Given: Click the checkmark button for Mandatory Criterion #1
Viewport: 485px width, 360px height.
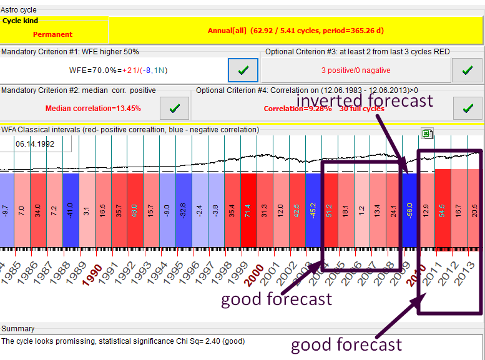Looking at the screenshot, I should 243,70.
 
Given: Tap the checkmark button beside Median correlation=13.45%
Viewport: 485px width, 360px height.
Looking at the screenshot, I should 174,108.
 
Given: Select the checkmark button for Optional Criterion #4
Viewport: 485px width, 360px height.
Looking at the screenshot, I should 467,108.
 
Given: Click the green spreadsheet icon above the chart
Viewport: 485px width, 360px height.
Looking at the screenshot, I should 428,134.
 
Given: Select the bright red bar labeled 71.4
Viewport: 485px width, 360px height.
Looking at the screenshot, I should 248,209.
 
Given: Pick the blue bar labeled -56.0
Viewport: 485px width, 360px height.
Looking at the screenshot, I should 409,209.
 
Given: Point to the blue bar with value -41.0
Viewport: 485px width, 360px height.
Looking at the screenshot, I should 71,209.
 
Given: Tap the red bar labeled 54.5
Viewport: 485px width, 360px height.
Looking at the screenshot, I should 442,209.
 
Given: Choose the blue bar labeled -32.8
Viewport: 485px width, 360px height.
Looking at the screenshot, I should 184,209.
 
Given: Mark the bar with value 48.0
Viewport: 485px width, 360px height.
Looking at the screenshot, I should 135,209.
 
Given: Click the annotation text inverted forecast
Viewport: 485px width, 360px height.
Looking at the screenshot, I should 365,100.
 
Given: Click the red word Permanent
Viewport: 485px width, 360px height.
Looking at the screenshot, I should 52,34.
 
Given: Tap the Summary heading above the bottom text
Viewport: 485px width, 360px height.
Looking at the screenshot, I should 18,328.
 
